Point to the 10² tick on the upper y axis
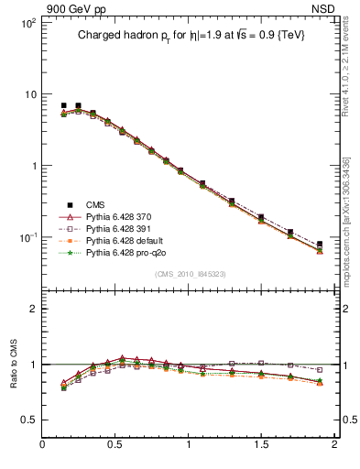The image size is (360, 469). (x=27, y=23)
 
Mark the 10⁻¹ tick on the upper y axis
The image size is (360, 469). (x=27, y=237)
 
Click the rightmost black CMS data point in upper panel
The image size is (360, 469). (x=320, y=245)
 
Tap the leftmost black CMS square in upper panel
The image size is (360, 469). (x=63, y=105)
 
